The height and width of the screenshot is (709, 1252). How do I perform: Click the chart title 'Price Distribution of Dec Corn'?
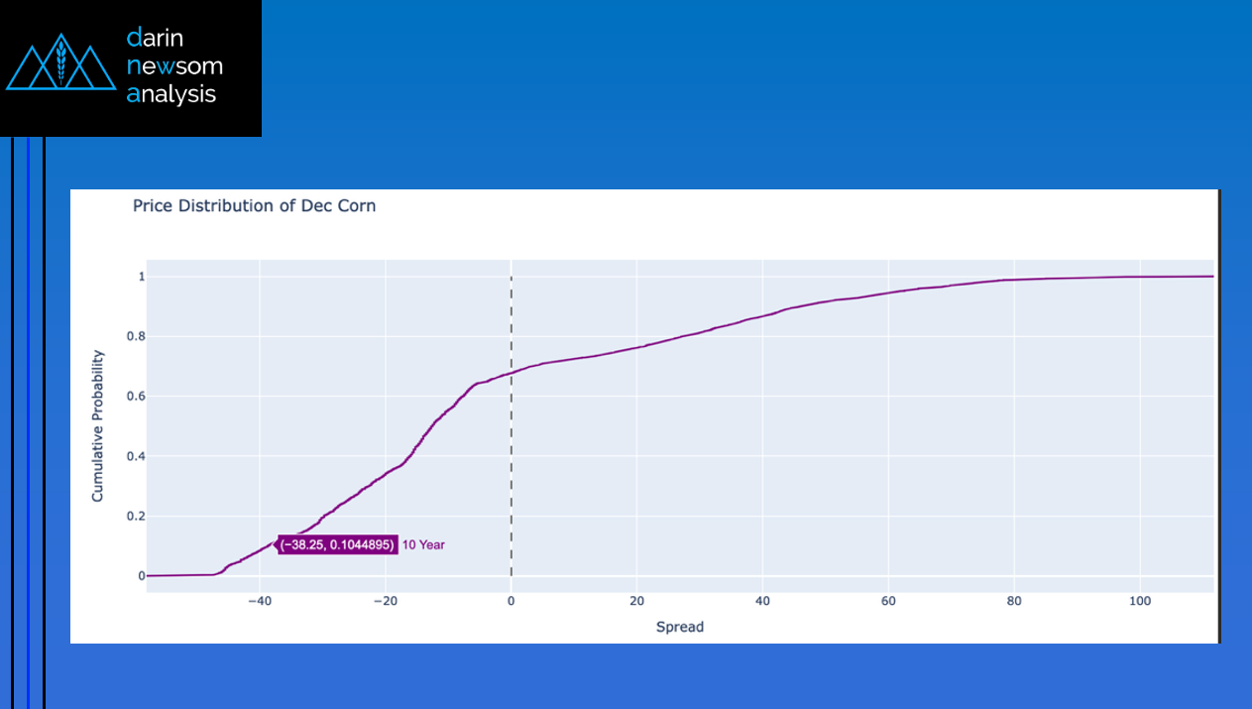pos(254,206)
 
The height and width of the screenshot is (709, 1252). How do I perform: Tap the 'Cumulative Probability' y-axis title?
pos(98,424)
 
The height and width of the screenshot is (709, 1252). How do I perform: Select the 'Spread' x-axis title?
pos(679,627)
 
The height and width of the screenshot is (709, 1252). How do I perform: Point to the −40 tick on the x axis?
pos(259,601)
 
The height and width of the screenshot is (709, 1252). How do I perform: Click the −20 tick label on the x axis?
pos(385,601)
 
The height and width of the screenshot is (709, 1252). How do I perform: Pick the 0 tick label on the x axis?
pos(511,601)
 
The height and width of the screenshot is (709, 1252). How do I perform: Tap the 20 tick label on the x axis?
pos(636,601)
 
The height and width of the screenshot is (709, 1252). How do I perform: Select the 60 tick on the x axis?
pos(888,601)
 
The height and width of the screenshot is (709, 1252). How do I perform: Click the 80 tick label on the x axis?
pos(1014,601)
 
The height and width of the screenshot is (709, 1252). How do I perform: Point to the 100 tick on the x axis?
pos(1139,601)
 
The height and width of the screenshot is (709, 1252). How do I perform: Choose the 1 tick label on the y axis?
pos(142,277)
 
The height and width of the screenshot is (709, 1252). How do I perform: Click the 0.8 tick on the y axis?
pos(136,336)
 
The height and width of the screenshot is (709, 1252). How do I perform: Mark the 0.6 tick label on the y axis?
pos(136,397)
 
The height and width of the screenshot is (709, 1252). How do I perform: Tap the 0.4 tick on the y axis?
pos(136,456)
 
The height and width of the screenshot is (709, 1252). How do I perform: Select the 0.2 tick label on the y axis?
pos(136,516)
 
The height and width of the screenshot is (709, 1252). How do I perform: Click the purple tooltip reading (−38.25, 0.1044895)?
pos(337,544)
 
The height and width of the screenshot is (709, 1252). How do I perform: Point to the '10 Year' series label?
pos(423,544)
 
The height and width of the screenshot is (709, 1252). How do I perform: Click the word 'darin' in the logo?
pos(155,39)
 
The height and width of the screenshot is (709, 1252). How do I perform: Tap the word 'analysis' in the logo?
pos(171,95)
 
